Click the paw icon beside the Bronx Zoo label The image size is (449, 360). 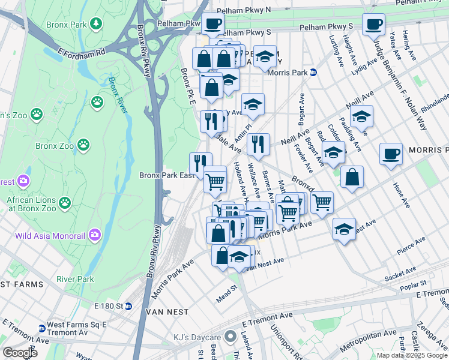click(x=83, y=145)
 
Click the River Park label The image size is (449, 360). click(x=75, y=279)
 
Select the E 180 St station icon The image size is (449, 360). click(x=128, y=306)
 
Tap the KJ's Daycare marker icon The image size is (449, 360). click(x=229, y=337)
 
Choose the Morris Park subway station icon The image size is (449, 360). click(x=313, y=73)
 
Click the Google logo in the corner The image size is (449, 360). click(x=19, y=352)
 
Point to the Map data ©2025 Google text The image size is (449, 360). click(x=412, y=355)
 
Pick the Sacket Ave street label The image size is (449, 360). click(x=400, y=275)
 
